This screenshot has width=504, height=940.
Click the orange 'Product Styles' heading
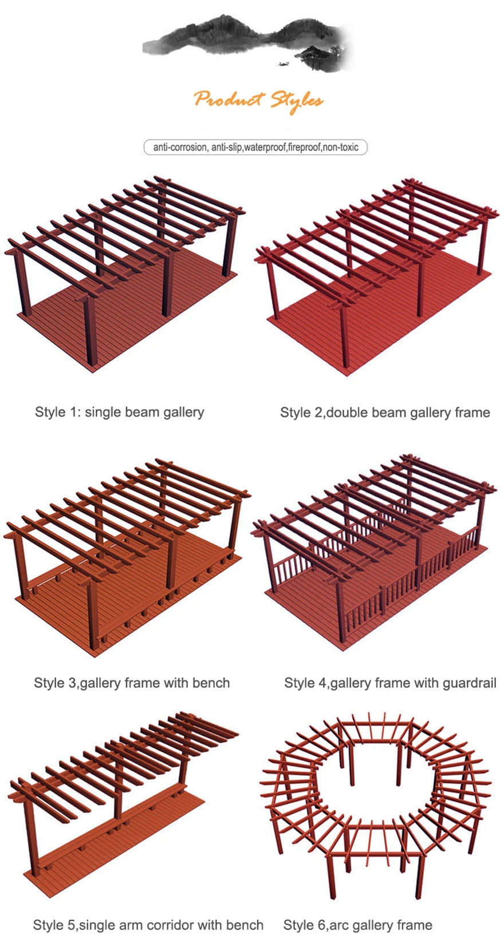(258, 101)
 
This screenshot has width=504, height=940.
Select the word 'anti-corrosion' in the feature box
(179, 148)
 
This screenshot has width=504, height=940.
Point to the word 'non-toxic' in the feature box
(341, 148)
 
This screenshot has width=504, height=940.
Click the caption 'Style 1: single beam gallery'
(119, 412)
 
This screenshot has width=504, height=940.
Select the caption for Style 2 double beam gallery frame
(385, 413)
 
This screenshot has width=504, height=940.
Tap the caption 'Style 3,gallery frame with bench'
(132, 683)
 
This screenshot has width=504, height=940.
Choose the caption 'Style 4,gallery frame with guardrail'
(390, 683)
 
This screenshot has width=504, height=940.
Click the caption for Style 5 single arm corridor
(148, 925)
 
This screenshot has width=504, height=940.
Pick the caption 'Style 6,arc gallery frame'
(357, 925)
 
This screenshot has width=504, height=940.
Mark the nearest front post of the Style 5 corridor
(33, 841)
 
